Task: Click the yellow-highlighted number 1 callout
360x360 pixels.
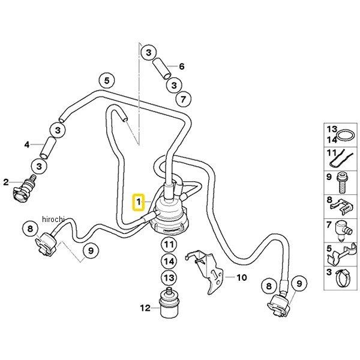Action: coord(138,202)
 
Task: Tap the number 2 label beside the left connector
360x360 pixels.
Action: coord(6,182)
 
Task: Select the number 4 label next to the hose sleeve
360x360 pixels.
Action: coord(26,145)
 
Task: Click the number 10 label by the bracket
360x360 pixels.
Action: coord(241,278)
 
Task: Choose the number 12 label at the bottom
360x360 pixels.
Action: coord(145,308)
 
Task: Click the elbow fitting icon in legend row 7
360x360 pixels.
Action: coord(345,228)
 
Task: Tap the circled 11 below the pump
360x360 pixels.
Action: coord(169,244)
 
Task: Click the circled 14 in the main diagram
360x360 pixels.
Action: coord(169,262)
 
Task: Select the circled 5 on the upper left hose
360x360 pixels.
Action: coord(106,80)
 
